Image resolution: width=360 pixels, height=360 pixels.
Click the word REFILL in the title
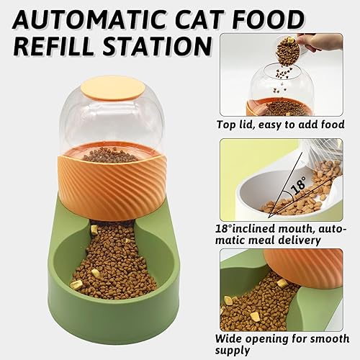click(x=53, y=45)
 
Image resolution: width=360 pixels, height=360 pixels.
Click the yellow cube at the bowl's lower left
click(x=76, y=284)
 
